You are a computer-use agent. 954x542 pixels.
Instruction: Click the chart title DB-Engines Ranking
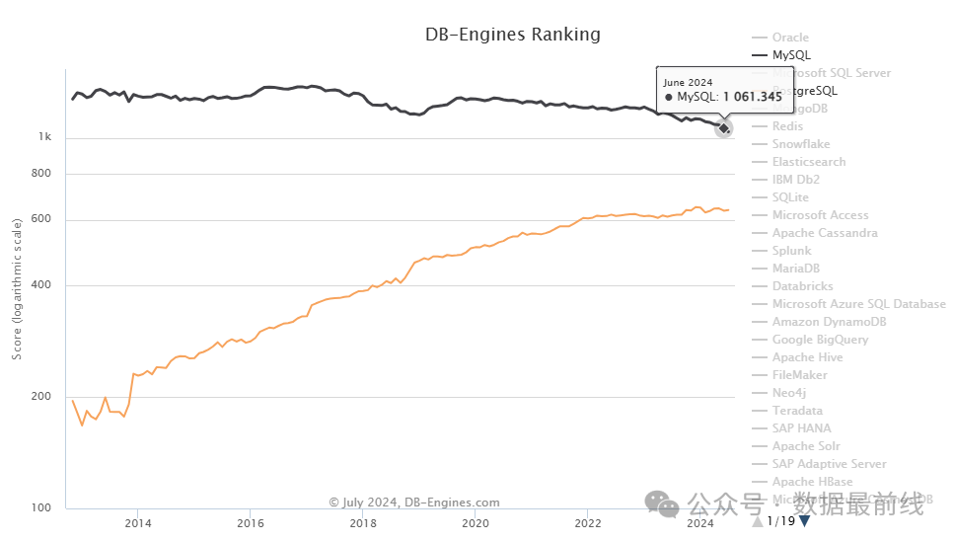click(512, 35)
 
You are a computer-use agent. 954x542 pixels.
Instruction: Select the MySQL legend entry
click(791, 55)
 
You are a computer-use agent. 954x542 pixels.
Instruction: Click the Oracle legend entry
click(790, 38)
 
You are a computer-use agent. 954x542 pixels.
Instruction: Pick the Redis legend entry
click(787, 126)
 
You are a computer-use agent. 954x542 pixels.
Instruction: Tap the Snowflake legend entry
click(801, 144)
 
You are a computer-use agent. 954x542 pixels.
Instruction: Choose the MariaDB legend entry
click(795, 269)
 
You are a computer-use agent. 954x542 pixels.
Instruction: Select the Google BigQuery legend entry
click(820, 340)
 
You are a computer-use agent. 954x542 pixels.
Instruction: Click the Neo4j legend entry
click(789, 393)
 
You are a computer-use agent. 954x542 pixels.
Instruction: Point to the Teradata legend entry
click(797, 411)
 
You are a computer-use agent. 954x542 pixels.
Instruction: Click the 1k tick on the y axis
click(44, 137)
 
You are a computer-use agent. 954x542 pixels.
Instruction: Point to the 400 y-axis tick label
click(40, 285)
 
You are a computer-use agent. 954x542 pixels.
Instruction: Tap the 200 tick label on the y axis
click(40, 397)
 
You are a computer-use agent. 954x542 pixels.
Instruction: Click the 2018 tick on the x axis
click(363, 523)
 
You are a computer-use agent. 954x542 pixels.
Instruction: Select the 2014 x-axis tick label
click(138, 523)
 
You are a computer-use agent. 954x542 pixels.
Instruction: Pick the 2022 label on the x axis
click(588, 523)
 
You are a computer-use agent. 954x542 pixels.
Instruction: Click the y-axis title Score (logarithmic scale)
click(17, 289)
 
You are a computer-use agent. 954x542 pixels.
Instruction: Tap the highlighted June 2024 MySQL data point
click(723, 127)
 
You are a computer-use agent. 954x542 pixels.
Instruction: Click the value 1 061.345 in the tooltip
click(752, 97)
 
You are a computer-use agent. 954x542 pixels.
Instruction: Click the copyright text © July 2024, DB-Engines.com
click(414, 503)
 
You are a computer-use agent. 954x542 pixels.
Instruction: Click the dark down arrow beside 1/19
click(805, 520)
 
